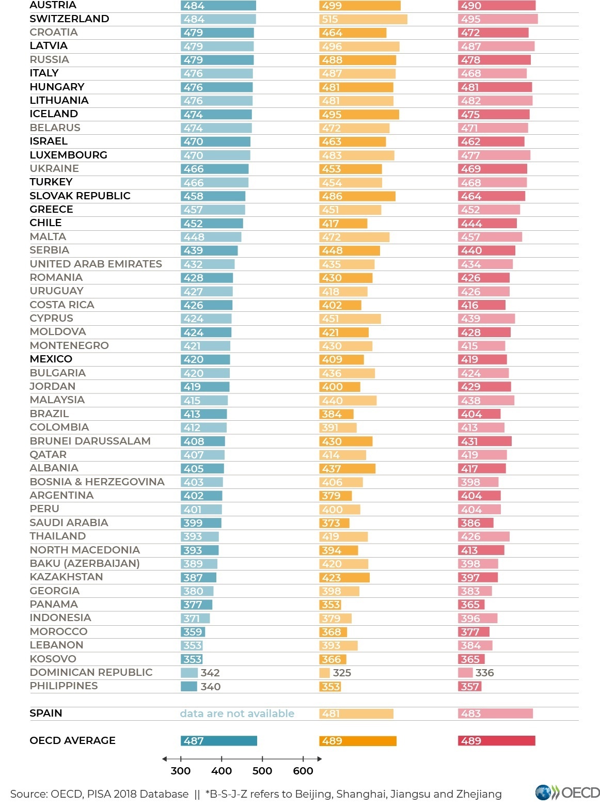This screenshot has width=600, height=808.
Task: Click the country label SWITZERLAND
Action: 69,19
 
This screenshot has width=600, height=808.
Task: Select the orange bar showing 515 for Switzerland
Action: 363,19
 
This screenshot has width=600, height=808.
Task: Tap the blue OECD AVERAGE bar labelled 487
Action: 218,740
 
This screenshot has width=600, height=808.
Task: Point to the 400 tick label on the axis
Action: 221,770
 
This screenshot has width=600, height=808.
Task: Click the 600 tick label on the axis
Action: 303,770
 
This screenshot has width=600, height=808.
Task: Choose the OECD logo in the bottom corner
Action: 567,793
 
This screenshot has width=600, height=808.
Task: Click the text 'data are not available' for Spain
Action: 237,713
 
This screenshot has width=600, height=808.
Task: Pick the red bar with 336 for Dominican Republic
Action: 465,672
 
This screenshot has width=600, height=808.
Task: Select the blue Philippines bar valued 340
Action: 189,686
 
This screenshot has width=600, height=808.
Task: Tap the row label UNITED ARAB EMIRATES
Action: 96,264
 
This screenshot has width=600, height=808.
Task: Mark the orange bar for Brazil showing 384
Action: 336,414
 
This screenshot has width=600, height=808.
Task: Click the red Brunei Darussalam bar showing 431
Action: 484,441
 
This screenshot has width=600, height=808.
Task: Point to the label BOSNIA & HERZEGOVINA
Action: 97,482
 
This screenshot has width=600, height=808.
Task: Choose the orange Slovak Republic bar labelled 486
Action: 357,196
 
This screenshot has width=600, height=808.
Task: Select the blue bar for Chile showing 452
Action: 212,224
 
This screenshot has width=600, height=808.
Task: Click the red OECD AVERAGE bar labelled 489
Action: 496,740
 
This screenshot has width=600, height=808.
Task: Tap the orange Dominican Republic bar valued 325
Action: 324,673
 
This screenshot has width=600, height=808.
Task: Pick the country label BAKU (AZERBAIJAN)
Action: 85,563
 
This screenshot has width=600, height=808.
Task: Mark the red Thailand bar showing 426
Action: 483,536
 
